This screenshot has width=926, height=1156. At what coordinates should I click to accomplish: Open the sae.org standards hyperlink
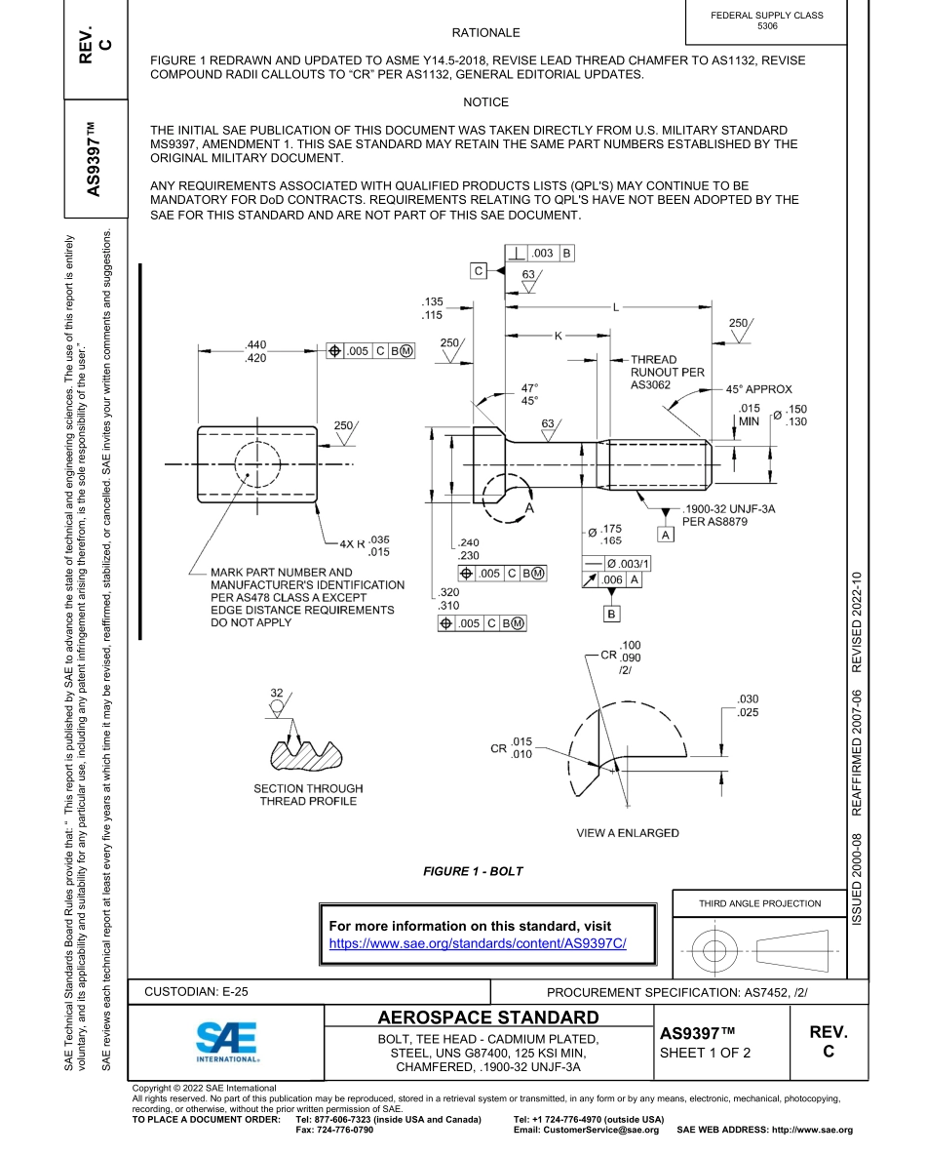click(477, 944)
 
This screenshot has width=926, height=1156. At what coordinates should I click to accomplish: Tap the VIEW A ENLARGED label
click(628, 832)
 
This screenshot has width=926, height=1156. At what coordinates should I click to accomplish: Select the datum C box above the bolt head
click(479, 271)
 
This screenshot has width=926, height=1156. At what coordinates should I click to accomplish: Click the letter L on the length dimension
click(615, 307)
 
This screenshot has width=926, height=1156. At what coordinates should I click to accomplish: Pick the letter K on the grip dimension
click(559, 336)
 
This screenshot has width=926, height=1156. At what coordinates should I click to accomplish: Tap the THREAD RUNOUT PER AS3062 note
click(667, 373)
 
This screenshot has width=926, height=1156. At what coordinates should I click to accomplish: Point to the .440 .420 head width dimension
click(256, 351)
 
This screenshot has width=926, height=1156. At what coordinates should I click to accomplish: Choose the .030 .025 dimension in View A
click(748, 706)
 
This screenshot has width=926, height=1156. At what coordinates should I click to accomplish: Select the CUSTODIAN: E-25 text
click(196, 991)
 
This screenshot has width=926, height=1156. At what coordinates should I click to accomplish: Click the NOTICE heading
click(485, 102)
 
